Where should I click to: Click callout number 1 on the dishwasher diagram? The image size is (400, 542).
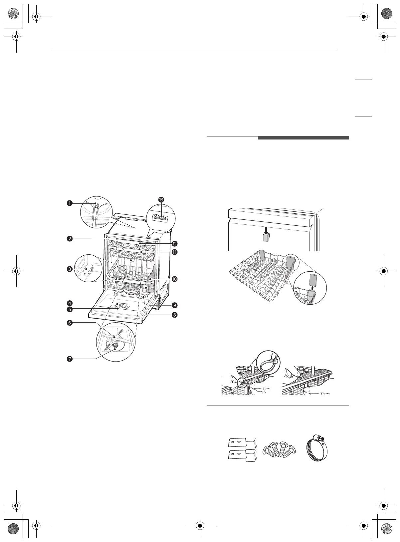pos(70,203)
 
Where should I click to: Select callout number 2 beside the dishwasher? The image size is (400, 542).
pos(70,239)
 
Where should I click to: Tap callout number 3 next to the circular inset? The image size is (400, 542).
pos(70,269)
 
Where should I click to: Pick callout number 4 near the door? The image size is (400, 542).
pos(70,304)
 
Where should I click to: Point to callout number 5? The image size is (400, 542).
pos(70,309)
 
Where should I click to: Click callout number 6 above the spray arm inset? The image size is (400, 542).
pos(70,323)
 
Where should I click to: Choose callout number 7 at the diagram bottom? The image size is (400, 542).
pos(70,359)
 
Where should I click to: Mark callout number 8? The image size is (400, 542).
pos(174,315)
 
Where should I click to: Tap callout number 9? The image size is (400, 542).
pos(174,305)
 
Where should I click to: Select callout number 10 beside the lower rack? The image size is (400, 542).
pos(174,279)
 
